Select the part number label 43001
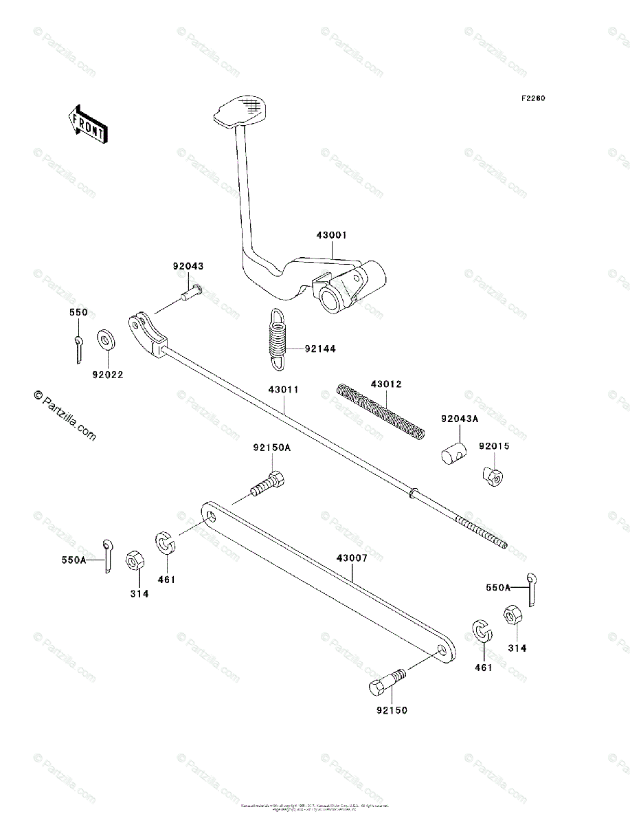[332, 235]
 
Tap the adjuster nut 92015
[492, 475]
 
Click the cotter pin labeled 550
[78, 348]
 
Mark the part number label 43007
[352, 559]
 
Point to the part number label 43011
[283, 390]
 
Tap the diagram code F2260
[532, 98]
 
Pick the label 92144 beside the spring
[320, 349]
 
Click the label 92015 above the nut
[495, 446]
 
